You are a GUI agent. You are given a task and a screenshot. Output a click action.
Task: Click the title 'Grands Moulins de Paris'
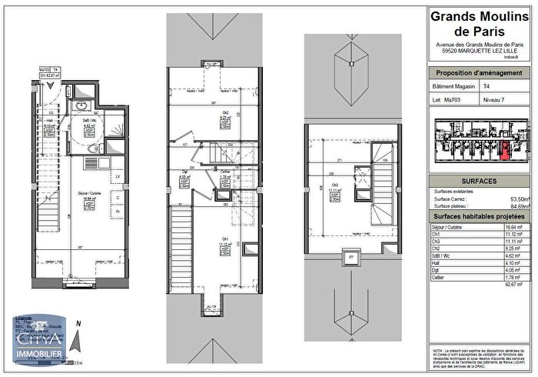click(x=479, y=24)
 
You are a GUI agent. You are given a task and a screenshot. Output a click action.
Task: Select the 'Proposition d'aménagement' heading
click(x=479, y=73)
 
